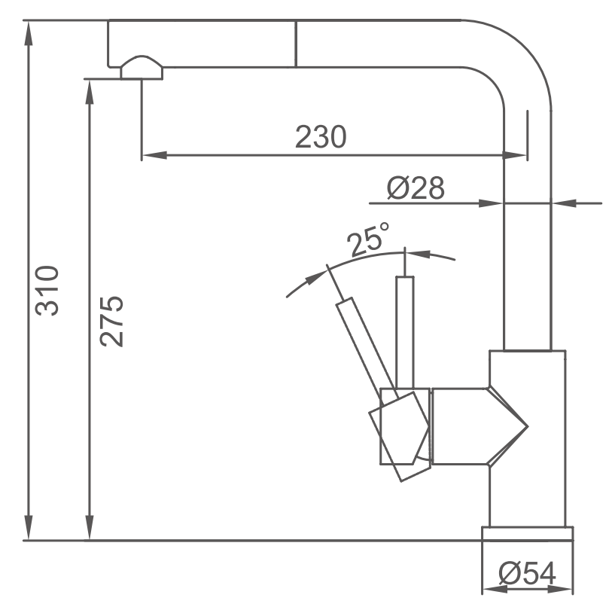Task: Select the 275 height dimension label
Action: (x=111, y=322)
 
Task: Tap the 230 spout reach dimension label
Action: (x=321, y=137)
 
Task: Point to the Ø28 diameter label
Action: (x=416, y=188)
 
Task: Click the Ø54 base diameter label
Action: (x=527, y=574)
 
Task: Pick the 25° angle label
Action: (x=368, y=239)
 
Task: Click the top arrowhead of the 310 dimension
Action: (x=28, y=33)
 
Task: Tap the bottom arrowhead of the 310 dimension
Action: (x=28, y=527)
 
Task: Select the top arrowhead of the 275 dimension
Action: (x=90, y=93)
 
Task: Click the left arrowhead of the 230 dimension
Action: (x=154, y=155)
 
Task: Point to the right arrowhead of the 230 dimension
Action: (x=515, y=155)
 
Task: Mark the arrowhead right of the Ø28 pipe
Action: (x=564, y=203)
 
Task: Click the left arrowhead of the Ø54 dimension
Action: (x=495, y=590)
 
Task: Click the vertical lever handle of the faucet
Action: (x=405, y=332)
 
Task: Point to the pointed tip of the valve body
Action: (x=528, y=426)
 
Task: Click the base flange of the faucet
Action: (x=528, y=534)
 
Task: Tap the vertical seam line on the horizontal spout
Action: (x=296, y=44)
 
